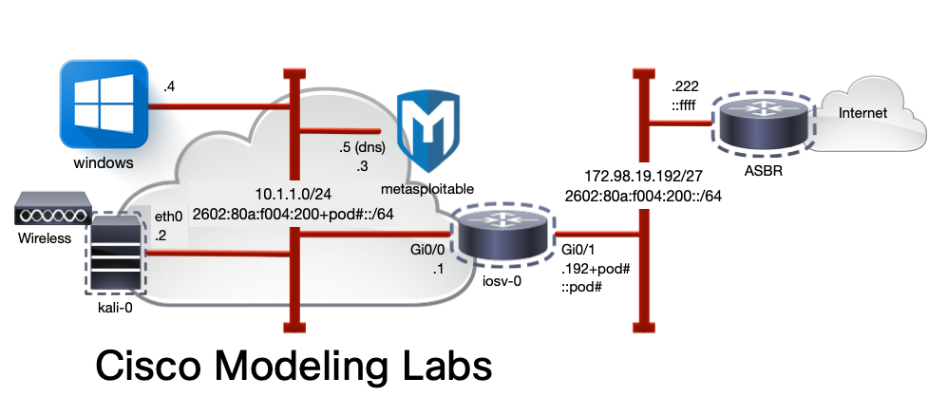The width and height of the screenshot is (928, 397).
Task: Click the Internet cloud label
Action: click(862, 113)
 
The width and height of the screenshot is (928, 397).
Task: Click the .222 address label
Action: click(684, 86)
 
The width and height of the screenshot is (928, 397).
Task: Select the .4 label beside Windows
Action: click(168, 86)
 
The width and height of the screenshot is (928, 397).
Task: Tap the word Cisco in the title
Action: click(142, 369)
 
